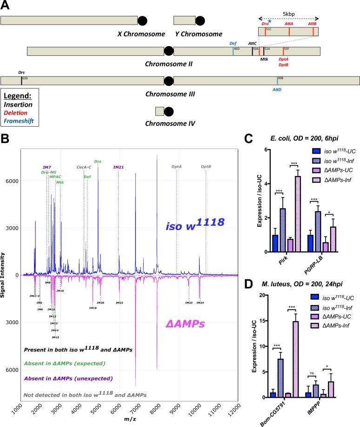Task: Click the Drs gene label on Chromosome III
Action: pos(21,73)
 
